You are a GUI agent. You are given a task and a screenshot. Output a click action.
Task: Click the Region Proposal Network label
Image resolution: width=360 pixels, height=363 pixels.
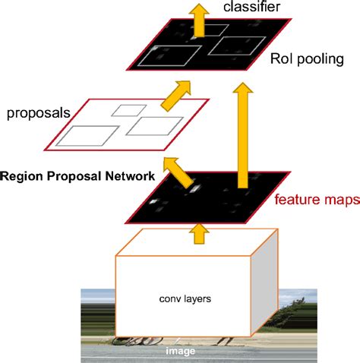[77, 175]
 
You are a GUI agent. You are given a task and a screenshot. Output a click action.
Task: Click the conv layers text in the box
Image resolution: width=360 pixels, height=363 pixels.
[190, 298]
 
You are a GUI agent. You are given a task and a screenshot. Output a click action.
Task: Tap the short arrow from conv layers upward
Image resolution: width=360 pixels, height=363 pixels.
[200, 232]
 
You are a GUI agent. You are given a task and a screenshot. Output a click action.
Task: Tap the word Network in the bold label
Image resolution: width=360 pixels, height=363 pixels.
[131, 175]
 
